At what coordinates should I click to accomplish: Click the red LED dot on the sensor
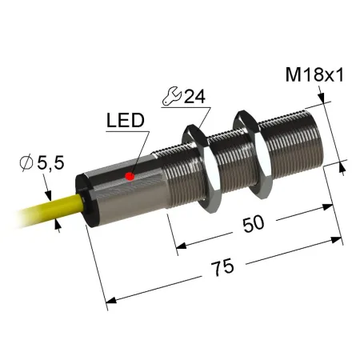click(x=130, y=176)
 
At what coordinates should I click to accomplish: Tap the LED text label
click(x=126, y=120)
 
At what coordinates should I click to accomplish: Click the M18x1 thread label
click(x=314, y=74)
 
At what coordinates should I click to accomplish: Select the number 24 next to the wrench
click(x=194, y=96)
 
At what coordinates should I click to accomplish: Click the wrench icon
click(x=172, y=96)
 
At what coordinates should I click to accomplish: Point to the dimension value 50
click(x=254, y=223)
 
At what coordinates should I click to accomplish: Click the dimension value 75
click(x=222, y=267)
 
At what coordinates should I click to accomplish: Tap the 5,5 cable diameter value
click(x=50, y=162)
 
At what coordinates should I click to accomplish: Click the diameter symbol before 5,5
click(x=26, y=162)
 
